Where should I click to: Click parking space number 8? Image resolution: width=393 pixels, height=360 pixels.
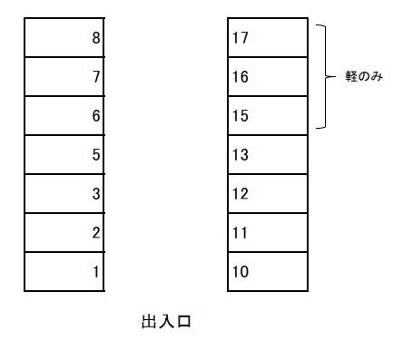(64, 38)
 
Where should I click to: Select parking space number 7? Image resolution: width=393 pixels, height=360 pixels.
(64, 77)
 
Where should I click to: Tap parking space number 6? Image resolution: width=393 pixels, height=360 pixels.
(64, 116)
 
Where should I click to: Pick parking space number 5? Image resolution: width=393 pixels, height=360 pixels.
(64, 155)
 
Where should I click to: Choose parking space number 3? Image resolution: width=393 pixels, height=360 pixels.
(64, 193)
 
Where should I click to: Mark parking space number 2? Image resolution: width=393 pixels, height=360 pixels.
(64, 232)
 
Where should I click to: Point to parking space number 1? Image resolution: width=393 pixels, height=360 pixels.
(64, 271)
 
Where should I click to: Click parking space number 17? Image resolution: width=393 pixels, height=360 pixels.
(268, 38)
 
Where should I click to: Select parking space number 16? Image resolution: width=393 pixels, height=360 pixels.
(268, 77)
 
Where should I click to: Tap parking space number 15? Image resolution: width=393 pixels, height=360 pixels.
(268, 116)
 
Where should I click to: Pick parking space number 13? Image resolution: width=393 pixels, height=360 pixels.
(268, 155)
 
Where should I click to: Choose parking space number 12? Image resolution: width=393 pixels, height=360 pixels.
(268, 193)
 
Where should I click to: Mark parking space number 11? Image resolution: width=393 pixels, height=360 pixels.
(268, 232)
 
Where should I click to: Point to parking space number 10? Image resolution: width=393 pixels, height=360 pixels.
(268, 271)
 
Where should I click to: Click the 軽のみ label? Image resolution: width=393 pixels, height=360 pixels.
(365, 77)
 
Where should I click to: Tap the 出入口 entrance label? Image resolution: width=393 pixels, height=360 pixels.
(166, 322)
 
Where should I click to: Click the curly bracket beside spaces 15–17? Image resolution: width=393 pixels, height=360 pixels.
(326, 77)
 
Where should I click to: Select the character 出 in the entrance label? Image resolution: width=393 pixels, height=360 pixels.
(149, 322)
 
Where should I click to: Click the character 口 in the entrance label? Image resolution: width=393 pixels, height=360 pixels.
(183, 322)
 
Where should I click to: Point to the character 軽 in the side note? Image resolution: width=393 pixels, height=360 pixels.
(352, 77)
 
